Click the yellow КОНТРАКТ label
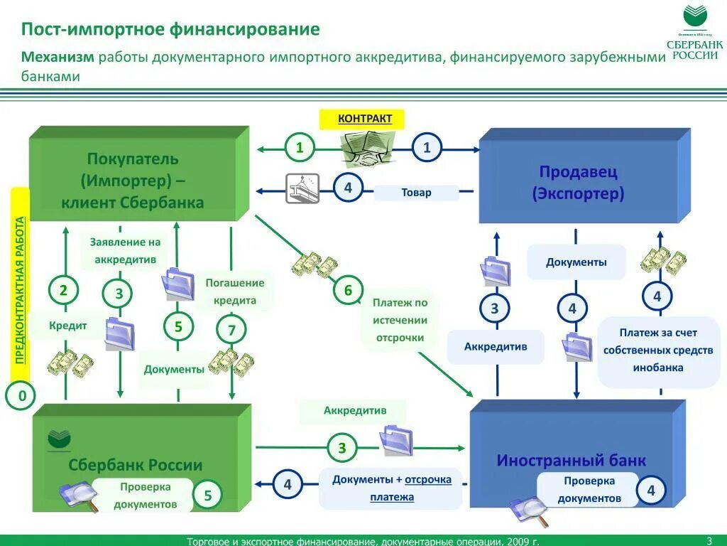tap(365, 119)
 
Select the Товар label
tap(416, 193)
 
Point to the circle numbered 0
tap(22, 396)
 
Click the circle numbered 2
tap(64, 290)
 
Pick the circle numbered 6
tap(348, 290)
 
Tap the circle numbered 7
tap(231, 329)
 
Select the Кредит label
tap(68, 326)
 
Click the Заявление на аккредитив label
tap(125, 251)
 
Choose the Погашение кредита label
tap(234, 291)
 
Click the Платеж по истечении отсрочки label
tap(400, 320)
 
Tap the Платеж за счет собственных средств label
tap(658, 350)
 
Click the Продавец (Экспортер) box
tap(578, 182)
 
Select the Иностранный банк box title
tap(572, 461)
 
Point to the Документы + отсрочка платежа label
tap(391, 488)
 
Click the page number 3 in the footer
tap(709, 540)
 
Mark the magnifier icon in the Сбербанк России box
tap(77, 496)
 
